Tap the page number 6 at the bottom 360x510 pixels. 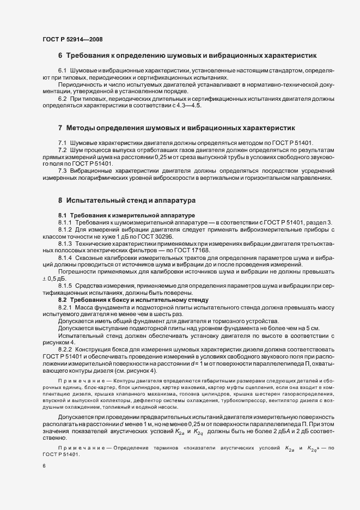click(x=44, y=466)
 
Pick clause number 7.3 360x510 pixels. click(x=64, y=170)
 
